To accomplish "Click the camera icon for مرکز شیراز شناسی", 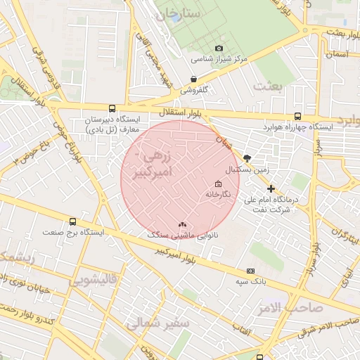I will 219,48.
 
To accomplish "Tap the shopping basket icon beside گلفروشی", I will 193,79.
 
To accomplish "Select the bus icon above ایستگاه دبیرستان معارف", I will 112,108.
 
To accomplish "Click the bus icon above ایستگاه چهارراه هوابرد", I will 297,116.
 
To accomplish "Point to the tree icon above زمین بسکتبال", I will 246,158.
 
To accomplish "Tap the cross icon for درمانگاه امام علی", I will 271,188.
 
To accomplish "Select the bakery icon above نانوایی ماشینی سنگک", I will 183,225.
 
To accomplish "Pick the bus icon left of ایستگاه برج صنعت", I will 46,231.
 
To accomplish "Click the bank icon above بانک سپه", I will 250,271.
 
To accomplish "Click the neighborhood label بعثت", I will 269,86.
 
